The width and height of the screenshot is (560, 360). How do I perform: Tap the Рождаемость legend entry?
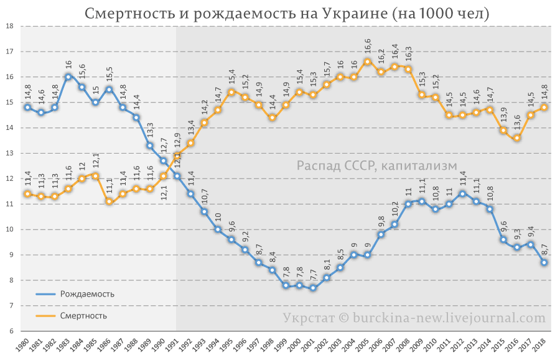pyautogui.click(x=87, y=294)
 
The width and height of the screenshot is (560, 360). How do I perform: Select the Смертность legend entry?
pyautogui.click(x=83, y=315)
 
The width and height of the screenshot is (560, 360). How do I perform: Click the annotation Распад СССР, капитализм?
pyautogui.click(x=376, y=165)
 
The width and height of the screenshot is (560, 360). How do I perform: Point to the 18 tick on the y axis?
pyautogui.click(x=10, y=26)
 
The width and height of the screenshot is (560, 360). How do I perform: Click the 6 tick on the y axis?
pyautogui.click(x=10, y=331)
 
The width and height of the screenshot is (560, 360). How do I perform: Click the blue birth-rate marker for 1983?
pyautogui.click(x=68, y=76)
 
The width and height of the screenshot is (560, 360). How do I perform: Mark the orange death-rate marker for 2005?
pyautogui.click(x=367, y=62)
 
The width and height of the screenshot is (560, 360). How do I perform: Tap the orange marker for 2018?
pyautogui.click(x=544, y=107)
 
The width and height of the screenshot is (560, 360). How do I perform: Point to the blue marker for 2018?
pyautogui.click(x=544, y=262)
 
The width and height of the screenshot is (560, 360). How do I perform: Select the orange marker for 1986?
pyautogui.click(x=109, y=201)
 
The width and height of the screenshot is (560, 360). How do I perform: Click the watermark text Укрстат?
pyautogui.click(x=306, y=318)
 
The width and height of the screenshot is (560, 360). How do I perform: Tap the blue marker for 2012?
pyautogui.click(x=462, y=193)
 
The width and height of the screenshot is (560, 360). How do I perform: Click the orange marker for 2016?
pyautogui.click(x=517, y=137)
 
